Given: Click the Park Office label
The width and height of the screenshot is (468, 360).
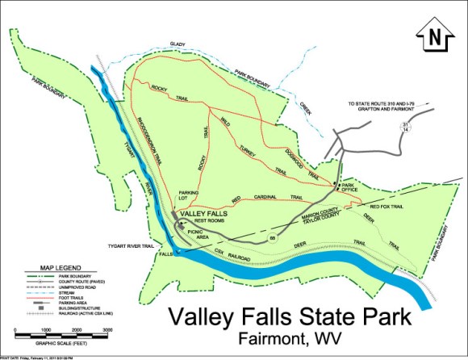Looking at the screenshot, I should (349, 188).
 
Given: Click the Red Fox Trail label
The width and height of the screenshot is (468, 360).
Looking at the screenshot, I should (386, 206).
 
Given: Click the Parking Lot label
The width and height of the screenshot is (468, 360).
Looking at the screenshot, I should (188, 195).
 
